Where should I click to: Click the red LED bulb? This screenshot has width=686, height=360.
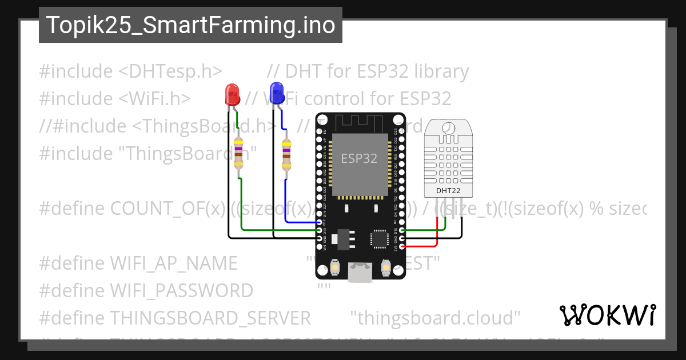[232, 94]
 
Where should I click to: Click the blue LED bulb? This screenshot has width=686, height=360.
[277, 93]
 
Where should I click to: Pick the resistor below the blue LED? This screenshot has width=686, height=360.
[286, 154]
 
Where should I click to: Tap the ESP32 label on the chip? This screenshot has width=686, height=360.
[359, 158]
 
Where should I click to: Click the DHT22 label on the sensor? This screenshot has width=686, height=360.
[448, 190]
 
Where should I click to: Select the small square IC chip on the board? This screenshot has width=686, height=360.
[379, 239]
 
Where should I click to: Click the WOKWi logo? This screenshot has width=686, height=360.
[607, 315]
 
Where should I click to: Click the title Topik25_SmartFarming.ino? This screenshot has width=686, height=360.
[190, 25]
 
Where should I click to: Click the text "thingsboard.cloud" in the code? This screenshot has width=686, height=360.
[435, 317]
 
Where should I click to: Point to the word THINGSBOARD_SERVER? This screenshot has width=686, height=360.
[210, 317]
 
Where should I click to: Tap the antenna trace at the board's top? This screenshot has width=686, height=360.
[360, 121]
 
